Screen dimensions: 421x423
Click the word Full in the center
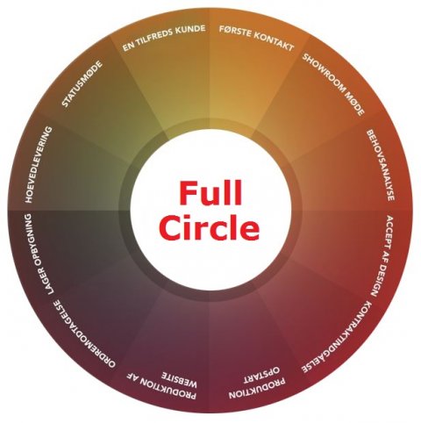click(x=210, y=194)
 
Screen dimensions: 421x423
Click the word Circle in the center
click(x=210, y=226)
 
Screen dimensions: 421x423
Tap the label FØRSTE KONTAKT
click(x=257, y=39)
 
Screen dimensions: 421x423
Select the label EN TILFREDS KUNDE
click(x=164, y=38)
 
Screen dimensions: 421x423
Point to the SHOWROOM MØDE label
click(x=333, y=84)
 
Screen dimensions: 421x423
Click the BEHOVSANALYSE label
click(x=381, y=165)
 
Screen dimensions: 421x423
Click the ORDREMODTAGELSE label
click(x=84, y=333)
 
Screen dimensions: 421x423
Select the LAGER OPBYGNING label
click(x=39, y=254)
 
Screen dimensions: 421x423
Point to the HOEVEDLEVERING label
click(x=39, y=165)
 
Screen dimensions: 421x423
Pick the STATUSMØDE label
click(x=82, y=84)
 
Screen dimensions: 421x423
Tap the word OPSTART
click(x=261, y=374)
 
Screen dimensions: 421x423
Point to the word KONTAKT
click(x=273, y=43)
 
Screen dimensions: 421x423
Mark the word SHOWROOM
click(x=321, y=72)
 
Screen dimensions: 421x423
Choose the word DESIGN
click(x=378, y=281)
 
